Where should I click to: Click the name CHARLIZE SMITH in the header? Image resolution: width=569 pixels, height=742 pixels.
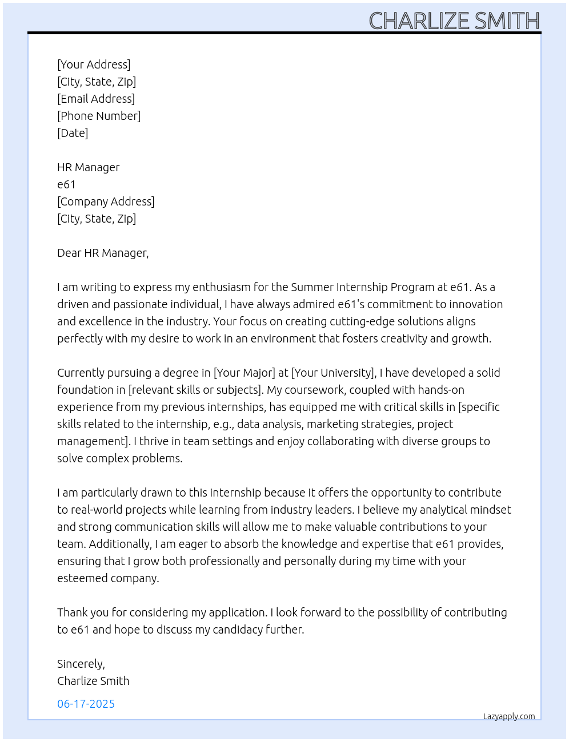454,21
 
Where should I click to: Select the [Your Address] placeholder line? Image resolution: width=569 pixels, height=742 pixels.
94,64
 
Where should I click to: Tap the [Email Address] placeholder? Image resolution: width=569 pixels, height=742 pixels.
96,99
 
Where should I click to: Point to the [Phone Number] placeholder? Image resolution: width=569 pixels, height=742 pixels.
99,116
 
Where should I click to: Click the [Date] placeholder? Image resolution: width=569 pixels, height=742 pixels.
73,133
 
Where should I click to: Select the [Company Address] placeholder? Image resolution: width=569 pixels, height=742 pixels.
106,201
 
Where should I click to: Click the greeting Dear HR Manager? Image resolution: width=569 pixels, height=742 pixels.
103,253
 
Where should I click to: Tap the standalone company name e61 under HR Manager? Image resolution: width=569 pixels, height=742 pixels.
66,184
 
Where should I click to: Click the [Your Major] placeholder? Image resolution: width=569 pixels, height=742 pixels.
244,373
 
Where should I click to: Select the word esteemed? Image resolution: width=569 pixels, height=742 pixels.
80,578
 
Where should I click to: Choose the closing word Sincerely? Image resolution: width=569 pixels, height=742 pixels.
81,664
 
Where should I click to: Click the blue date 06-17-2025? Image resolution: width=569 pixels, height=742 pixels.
86,704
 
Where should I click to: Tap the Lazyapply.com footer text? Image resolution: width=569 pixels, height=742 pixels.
509,716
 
